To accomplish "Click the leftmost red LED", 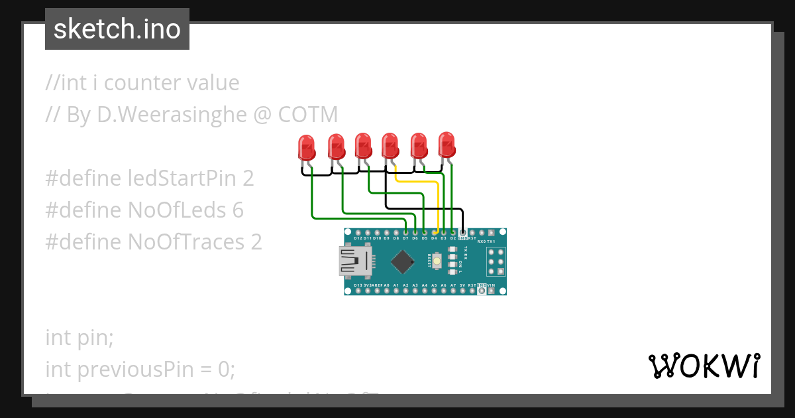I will coord(306,147).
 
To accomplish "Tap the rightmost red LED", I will coord(447,144).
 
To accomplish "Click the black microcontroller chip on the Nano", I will coord(403,261).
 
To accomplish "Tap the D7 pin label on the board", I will coord(405,238).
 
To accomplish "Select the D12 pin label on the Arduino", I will coord(358,238).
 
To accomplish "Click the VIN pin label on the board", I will coord(491,285).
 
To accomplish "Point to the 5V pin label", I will coord(462,285).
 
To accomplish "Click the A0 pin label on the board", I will coord(386,285).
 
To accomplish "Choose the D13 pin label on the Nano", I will coord(358,285).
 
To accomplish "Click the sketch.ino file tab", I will coord(117,29).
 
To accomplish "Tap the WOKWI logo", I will coord(703,366).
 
